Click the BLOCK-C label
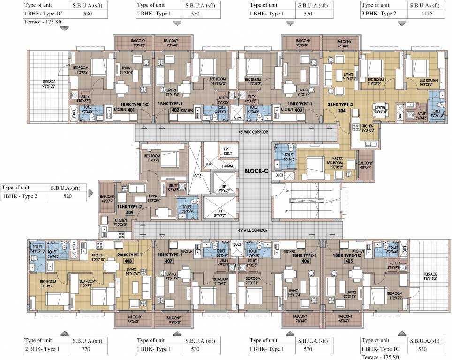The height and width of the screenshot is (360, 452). (x=256, y=171)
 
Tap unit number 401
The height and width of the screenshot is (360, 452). (x=132, y=110)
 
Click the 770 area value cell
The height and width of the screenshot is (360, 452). (x=90, y=349)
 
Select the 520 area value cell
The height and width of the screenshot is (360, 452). (x=68, y=196)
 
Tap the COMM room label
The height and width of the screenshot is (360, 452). (x=227, y=165)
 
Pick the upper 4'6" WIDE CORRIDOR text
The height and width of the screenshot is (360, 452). (x=253, y=133)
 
